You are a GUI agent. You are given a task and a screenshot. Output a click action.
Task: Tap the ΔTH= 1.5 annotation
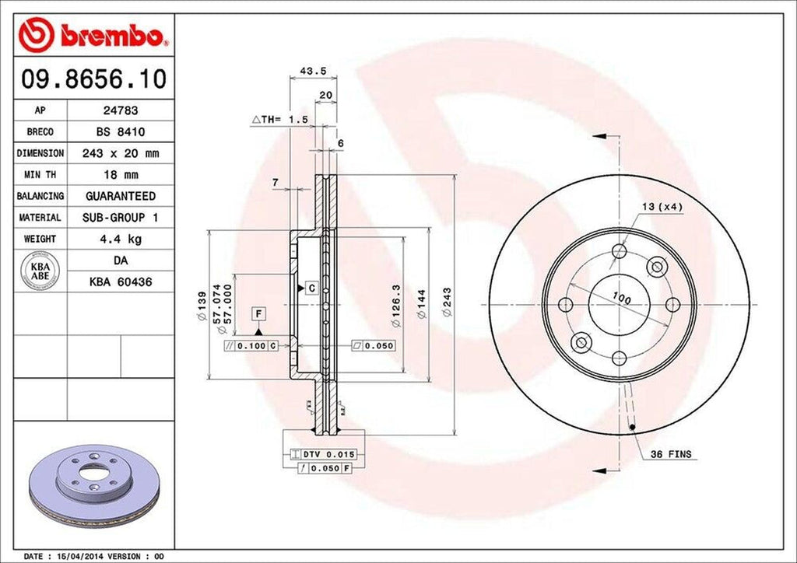[x=280, y=119]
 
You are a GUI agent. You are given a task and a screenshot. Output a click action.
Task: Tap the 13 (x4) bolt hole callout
[x=661, y=206]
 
